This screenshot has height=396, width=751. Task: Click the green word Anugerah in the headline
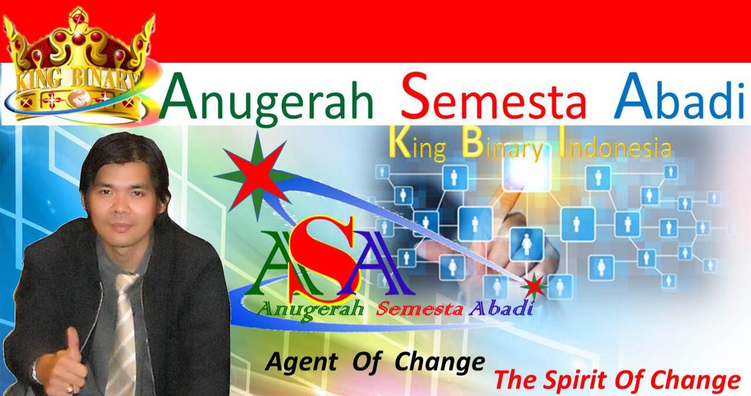click(266, 99)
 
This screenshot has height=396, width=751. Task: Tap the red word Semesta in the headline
click(493, 97)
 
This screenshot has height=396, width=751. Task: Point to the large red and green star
click(257, 176)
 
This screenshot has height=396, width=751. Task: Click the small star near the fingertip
click(533, 285)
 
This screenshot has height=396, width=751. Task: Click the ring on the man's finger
click(70, 390)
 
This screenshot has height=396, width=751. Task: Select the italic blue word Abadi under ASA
click(501, 309)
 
